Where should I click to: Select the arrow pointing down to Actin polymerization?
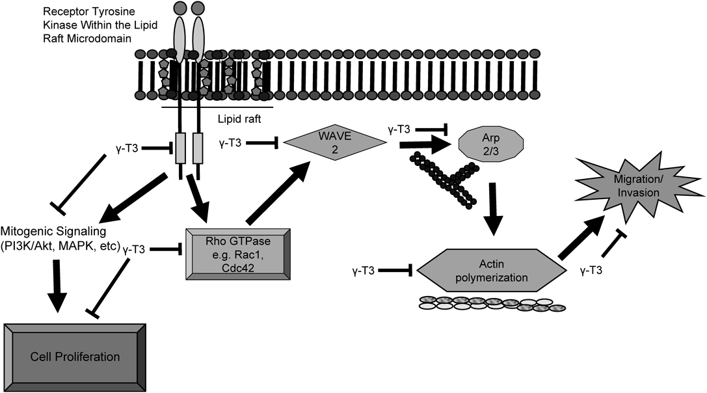493,208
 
